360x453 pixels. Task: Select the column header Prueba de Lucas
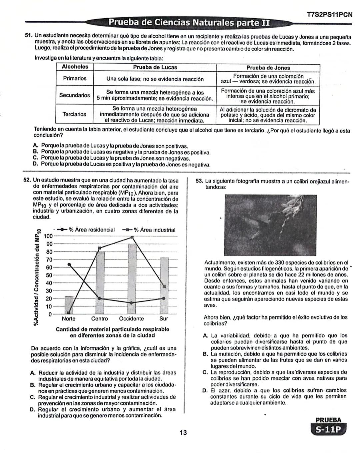click(x=155, y=67)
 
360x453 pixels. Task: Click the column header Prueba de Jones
click(x=268, y=68)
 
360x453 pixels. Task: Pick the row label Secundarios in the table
click(x=75, y=95)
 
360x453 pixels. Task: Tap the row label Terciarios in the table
click(x=74, y=114)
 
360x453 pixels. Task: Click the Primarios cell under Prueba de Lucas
click(x=155, y=79)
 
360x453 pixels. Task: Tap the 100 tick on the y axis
click(x=49, y=236)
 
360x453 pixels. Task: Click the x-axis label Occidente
click(x=131, y=318)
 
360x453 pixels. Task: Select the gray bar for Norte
click(x=69, y=305)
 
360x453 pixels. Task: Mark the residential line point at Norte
click(x=69, y=264)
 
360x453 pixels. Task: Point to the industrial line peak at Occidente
click(x=132, y=237)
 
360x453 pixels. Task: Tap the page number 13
click(x=183, y=433)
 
